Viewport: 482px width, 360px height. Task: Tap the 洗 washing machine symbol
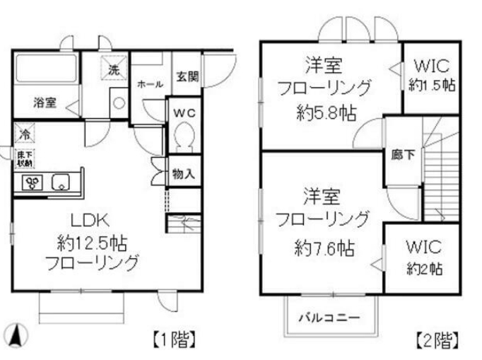coord(113,69)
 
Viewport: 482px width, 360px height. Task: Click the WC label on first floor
coord(184,111)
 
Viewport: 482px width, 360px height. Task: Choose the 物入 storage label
coord(184,173)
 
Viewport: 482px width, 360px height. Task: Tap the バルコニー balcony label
coord(327,316)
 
